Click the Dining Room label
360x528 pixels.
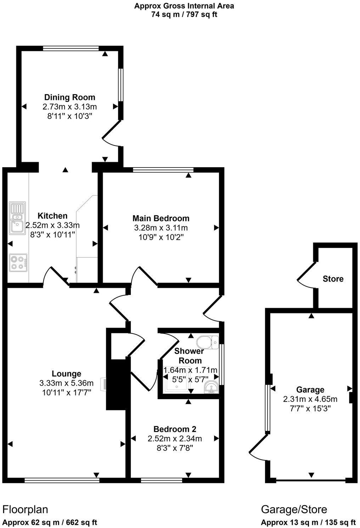[x=69, y=97]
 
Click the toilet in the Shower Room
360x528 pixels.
[x=207, y=342]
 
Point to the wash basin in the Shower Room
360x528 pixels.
[x=212, y=388]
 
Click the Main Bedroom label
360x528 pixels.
[x=161, y=218]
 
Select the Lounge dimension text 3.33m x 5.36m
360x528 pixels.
[x=67, y=383]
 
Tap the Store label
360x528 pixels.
[x=333, y=279]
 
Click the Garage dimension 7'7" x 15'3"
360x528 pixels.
[x=310, y=408]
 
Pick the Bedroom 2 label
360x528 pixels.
[x=175, y=429]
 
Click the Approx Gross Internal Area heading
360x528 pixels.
[x=184, y=6]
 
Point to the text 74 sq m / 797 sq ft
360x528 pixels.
[x=184, y=15]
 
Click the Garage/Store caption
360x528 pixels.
[x=294, y=510]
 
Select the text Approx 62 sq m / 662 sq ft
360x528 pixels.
[x=50, y=522]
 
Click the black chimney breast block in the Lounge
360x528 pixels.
[x=116, y=385]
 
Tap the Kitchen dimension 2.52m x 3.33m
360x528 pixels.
[x=52, y=225]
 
